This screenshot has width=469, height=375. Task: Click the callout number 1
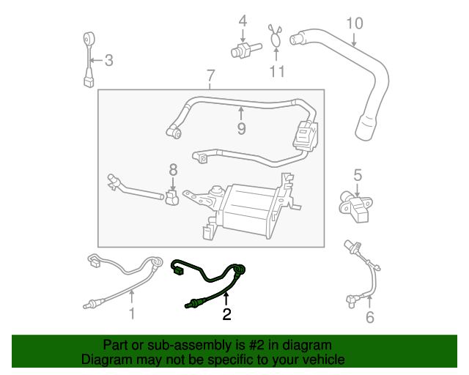point(133,315)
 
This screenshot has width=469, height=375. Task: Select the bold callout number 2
point(226,315)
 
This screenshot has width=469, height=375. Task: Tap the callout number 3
point(108,60)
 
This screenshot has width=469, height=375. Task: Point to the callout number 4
point(243,20)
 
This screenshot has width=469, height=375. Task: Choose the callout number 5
point(358,174)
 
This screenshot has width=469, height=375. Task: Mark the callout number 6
point(369,316)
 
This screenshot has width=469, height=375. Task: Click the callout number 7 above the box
point(211,75)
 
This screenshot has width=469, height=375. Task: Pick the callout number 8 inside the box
point(174,169)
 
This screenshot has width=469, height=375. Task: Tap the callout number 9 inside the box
point(241,129)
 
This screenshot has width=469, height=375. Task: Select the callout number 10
point(354,23)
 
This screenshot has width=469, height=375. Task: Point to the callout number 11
point(276,71)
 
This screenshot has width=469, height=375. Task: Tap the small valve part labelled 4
point(240,51)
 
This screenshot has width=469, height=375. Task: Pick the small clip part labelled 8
point(173,198)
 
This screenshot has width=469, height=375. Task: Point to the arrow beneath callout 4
point(243,34)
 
